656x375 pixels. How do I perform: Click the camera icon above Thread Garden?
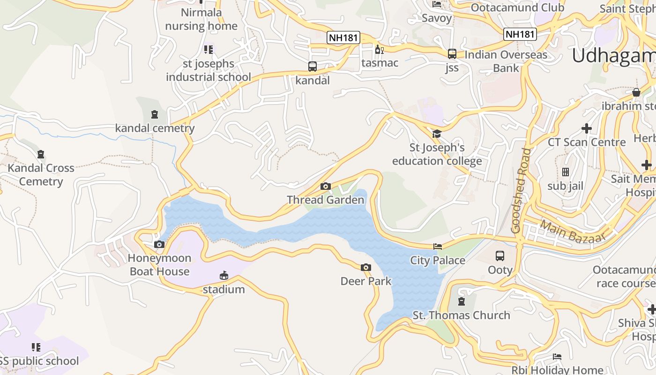pos(326,187)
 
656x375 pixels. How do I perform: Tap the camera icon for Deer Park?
pos(366,268)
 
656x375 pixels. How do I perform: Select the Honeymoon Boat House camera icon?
pos(159,244)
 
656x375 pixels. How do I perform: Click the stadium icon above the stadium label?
pos(224,275)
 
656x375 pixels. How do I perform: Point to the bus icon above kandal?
pos(313,67)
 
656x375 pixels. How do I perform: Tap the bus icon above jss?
pos(452,54)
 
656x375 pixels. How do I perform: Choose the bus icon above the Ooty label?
pos(500,256)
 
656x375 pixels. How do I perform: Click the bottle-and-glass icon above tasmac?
pos(379,49)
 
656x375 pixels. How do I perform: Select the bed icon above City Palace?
pos(438,247)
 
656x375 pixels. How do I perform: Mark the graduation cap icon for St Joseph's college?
pos(437,134)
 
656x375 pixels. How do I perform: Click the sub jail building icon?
pos(566,172)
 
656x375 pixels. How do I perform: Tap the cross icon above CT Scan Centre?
pos(587,128)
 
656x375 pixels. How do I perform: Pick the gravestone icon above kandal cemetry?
pos(155,114)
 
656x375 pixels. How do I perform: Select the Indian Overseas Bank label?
pos(506,61)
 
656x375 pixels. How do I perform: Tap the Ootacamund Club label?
pos(517,7)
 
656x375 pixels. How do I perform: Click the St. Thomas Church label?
pos(461,315)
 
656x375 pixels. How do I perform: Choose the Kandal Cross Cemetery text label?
pos(41,175)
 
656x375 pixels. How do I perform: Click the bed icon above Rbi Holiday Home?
pos(557,357)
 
